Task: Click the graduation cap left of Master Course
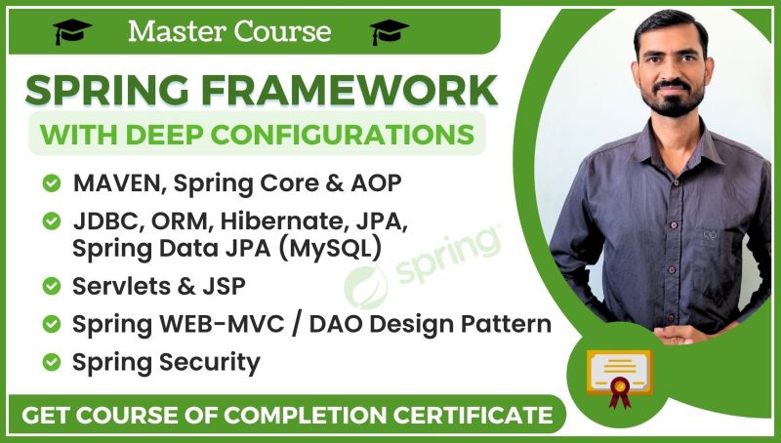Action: (72, 32)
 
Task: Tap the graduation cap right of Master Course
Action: (389, 32)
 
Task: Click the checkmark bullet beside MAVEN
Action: (50, 182)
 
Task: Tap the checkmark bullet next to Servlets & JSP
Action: (50, 286)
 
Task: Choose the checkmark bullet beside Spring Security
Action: (50, 363)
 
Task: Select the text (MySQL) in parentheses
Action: (330, 248)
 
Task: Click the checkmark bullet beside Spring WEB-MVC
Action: (50, 323)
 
